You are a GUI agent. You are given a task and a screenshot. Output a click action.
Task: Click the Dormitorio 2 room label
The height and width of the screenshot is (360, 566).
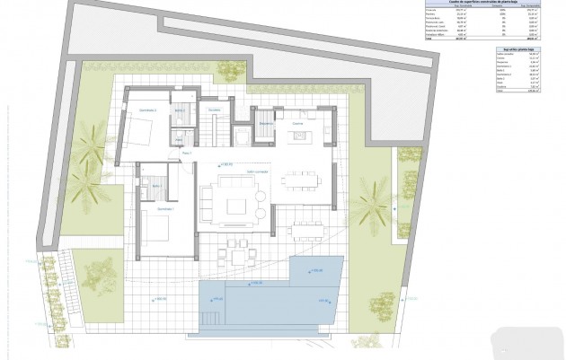(x=147, y=110)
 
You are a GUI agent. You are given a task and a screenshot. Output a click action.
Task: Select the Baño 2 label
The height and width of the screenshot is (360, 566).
(x=180, y=110)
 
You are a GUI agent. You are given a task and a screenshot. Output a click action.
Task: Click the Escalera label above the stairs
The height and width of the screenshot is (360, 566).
(x=214, y=110)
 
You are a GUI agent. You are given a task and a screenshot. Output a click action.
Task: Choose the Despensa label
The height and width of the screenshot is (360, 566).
(x=265, y=122)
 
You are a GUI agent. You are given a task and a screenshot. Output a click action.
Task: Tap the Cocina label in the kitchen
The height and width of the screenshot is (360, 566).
(x=296, y=122)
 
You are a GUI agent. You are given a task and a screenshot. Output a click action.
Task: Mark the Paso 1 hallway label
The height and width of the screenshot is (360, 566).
(x=187, y=154)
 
